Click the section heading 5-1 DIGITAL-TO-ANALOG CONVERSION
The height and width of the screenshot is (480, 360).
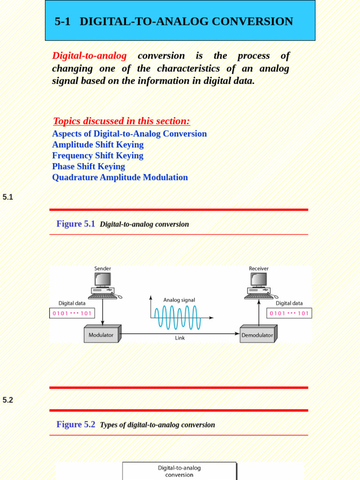[174, 22]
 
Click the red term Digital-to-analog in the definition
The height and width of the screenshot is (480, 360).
[89, 56]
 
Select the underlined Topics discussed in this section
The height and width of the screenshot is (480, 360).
[121, 121]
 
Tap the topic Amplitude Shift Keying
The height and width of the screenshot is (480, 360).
[97, 144]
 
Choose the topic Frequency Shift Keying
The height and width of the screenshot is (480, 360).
[97, 156]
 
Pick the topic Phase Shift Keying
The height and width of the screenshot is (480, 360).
[89, 166]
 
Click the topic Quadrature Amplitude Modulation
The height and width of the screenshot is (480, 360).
[120, 177]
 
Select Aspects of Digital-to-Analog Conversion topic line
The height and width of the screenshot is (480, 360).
[129, 134]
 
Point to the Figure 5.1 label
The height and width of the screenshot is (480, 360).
[75, 224]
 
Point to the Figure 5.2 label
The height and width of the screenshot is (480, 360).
[75, 425]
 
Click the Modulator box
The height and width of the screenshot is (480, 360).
[101, 335]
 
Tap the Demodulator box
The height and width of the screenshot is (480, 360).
[257, 335]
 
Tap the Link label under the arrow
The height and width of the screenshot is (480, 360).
[180, 338]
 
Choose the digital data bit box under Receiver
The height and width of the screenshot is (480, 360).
[289, 313]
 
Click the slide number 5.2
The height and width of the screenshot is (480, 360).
[8, 400]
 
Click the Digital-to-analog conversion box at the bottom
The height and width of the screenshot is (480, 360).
[179, 471]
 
